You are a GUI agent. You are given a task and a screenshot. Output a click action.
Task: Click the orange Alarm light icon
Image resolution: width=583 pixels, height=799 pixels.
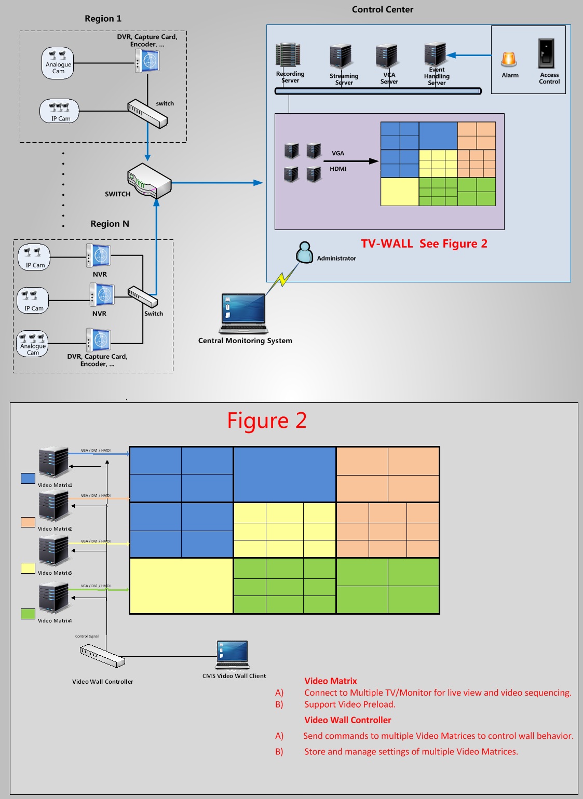point(509,60)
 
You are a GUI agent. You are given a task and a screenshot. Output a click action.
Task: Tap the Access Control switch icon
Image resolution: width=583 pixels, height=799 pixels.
point(546,53)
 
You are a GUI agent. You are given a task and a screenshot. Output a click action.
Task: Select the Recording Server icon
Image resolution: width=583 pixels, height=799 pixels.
point(288,56)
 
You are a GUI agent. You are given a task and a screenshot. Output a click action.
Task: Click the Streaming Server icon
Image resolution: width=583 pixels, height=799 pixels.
point(341,57)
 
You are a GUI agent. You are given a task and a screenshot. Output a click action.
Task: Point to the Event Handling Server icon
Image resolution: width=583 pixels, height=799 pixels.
point(435,54)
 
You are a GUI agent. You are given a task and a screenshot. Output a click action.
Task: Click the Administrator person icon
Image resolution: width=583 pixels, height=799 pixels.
point(304,252)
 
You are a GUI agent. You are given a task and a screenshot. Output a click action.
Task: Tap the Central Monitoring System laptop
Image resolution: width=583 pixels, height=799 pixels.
point(244,314)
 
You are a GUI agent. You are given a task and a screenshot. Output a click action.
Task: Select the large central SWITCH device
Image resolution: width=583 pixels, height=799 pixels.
point(150,181)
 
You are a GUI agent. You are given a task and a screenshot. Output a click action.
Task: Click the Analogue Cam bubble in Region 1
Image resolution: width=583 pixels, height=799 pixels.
point(58,63)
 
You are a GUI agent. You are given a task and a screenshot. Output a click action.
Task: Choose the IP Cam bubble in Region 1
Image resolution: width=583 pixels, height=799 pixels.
point(60,111)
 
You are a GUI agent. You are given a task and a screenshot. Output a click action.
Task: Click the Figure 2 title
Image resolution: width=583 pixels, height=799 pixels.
point(267,421)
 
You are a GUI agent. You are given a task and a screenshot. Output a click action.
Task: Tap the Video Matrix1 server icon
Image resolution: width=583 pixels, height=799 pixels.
point(54,462)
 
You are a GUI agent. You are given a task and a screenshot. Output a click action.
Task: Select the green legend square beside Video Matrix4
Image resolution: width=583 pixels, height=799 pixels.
point(28,614)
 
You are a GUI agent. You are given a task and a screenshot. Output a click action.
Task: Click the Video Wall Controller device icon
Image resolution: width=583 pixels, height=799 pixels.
point(102,656)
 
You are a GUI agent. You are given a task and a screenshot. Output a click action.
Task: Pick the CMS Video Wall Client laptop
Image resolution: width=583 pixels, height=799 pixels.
point(233,655)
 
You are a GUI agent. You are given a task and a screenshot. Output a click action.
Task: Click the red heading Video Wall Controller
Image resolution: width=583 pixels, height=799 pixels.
point(348,720)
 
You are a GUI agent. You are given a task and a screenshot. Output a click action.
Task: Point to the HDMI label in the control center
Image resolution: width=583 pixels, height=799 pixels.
point(338,169)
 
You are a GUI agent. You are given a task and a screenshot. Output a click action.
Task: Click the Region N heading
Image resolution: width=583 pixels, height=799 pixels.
point(110,224)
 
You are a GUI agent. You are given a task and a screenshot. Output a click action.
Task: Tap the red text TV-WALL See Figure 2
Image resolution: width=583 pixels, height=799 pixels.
point(424,244)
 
